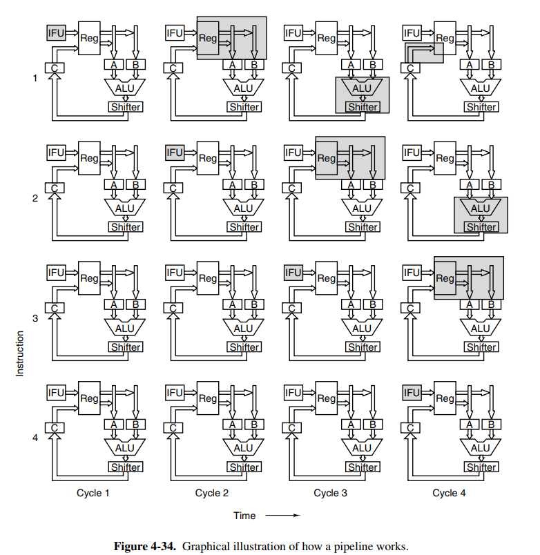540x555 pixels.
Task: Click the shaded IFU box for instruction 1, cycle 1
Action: tap(56, 32)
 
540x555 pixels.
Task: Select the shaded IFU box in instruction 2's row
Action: tap(175, 152)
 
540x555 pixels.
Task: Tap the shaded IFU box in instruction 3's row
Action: tap(293, 272)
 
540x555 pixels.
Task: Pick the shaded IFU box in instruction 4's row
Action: tap(412, 392)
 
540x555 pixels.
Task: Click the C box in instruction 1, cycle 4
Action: tap(411, 68)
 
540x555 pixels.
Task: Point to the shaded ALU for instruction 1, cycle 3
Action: tap(362, 88)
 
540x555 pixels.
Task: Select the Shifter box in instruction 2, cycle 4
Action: tap(481, 227)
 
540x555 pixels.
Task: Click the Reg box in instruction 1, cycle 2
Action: tap(208, 39)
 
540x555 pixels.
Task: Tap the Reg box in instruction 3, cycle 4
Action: tap(445, 279)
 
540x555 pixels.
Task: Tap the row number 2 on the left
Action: tap(35, 199)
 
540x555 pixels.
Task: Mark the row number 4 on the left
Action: tap(35, 438)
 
